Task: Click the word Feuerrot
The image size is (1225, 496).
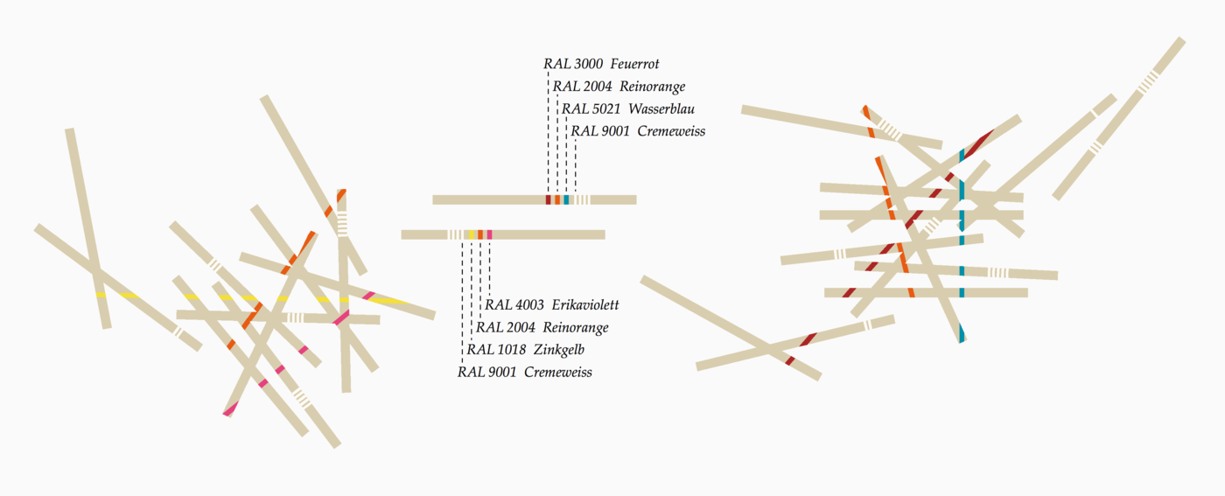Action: (x=634, y=64)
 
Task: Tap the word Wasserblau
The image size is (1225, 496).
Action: (x=661, y=108)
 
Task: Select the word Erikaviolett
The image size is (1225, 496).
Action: (x=585, y=304)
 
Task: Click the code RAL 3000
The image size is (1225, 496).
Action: (x=573, y=64)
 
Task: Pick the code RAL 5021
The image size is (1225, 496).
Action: (x=591, y=108)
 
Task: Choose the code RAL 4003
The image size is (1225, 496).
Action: (x=514, y=304)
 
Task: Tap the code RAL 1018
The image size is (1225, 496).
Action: (x=496, y=349)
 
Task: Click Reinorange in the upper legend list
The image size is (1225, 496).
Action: (x=652, y=87)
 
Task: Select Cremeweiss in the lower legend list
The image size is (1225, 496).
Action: (x=558, y=373)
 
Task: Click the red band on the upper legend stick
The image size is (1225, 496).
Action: (x=549, y=199)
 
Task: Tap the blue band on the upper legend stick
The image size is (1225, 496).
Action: (x=567, y=199)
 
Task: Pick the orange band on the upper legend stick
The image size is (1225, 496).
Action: (x=557, y=199)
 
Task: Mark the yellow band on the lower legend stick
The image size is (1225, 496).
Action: (x=472, y=234)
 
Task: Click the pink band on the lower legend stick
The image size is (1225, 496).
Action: (x=489, y=234)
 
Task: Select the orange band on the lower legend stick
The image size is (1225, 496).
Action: (x=480, y=234)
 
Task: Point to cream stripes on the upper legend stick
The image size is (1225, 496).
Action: (x=582, y=199)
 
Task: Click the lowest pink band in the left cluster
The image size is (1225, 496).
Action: (x=231, y=409)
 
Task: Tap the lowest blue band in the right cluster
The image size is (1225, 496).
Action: (x=962, y=333)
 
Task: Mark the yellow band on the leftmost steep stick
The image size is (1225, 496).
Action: (x=101, y=295)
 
